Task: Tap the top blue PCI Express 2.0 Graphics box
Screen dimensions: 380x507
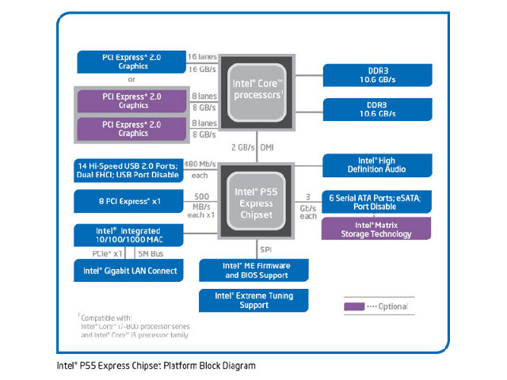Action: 131,61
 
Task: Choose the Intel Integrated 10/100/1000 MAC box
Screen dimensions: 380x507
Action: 131,234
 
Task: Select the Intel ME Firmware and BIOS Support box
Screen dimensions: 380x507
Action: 254,270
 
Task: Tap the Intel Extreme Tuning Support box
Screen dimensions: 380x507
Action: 254,300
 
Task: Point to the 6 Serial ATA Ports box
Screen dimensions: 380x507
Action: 377,202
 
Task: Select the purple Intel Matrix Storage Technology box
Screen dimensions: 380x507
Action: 377,228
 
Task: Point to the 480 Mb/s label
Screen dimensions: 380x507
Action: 200,164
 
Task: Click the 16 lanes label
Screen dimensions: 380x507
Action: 202,56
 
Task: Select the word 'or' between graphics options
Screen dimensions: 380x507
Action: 132,79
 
